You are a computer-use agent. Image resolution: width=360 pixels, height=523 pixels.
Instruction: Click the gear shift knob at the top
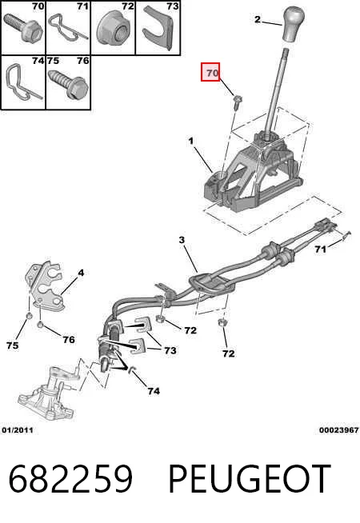point(293,25)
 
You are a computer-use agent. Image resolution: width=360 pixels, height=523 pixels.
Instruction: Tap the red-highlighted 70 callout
point(210,72)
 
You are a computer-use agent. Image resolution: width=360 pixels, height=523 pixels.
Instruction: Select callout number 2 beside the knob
point(258,19)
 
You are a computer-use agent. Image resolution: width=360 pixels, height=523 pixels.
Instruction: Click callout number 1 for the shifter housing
point(191,142)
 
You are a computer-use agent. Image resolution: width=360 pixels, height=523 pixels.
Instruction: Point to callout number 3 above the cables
point(182,240)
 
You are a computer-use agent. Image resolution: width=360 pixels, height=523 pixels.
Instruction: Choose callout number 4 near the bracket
point(81,273)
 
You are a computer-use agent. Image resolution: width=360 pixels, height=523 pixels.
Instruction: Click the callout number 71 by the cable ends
point(320,250)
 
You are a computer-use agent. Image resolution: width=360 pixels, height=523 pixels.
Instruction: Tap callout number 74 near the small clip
point(154,391)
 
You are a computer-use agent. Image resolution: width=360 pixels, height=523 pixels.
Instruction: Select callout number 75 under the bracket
point(12,345)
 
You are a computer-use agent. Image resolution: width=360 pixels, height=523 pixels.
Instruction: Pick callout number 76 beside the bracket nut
point(69,340)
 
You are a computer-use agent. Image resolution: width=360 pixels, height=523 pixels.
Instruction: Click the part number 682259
point(70,479)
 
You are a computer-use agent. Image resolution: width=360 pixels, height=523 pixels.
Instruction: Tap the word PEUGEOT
point(250,479)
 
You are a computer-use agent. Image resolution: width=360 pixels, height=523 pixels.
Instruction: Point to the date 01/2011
point(18,430)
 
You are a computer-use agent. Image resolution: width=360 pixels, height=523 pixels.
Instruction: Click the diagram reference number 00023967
point(338,430)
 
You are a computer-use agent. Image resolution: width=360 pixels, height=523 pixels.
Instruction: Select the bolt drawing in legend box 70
point(22,28)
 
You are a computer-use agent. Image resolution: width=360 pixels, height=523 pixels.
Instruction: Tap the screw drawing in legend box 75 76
point(68,83)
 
